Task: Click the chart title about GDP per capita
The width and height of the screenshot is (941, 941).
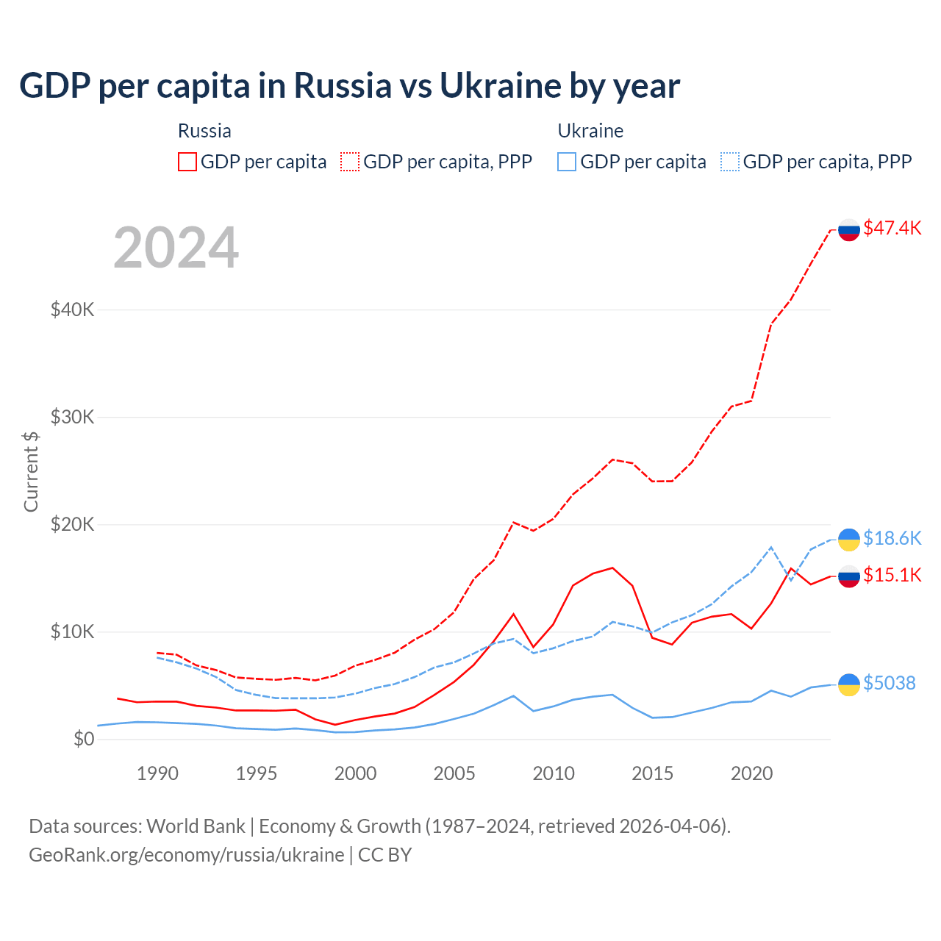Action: point(350,86)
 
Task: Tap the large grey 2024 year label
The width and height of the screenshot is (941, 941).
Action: point(176,248)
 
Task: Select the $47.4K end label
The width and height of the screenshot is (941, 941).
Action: point(892,228)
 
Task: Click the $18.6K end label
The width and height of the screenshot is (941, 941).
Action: point(892,538)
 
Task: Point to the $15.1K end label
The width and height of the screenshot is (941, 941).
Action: point(892,575)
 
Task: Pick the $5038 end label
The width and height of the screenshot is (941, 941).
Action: point(889,683)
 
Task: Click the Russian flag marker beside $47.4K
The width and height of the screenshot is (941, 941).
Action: point(849,229)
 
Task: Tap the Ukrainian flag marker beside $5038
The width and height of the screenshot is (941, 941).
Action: point(849,684)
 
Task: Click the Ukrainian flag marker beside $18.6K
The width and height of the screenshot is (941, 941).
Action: point(849,540)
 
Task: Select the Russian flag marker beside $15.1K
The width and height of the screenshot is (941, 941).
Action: point(849,576)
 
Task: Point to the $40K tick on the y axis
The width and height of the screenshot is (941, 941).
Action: point(72,310)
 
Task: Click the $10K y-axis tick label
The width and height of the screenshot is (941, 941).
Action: point(72,631)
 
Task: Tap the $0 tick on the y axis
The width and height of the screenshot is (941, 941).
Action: point(84,739)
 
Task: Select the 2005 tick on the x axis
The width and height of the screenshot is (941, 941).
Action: point(454,773)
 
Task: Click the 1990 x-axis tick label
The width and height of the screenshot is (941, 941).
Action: point(157,773)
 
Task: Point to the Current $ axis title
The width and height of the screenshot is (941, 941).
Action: point(31,471)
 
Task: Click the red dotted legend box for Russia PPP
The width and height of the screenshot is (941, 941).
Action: point(350,162)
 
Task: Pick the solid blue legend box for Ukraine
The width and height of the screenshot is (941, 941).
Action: point(567,162)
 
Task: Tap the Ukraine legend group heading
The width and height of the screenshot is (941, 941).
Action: point(590,131)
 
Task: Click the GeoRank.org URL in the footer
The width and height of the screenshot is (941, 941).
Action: point(187,855)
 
